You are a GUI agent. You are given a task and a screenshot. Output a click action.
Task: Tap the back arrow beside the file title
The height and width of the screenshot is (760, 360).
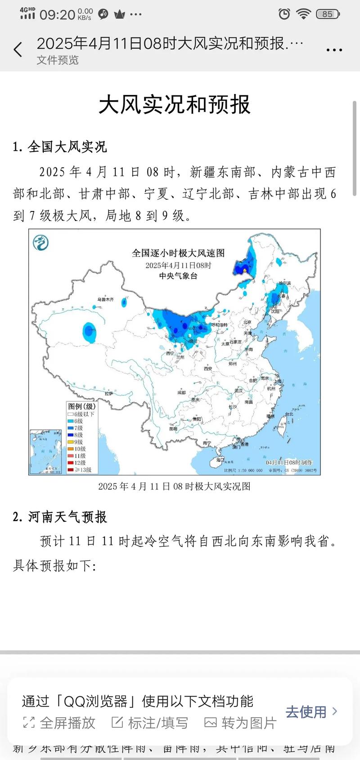(18, 49)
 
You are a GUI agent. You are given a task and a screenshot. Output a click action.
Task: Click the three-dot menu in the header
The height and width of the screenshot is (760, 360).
(334, 50)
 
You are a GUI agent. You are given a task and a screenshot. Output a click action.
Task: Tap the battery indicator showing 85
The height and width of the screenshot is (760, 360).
(328, 14)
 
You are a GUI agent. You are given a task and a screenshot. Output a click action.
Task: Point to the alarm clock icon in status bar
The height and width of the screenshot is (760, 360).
(284, 14)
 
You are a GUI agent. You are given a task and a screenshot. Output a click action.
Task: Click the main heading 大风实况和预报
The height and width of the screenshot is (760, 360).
(174, 105)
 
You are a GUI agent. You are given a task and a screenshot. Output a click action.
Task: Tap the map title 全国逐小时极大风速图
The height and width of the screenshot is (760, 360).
(178, 253)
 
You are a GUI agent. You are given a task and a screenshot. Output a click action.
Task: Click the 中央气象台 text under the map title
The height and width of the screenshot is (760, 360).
(178, 276)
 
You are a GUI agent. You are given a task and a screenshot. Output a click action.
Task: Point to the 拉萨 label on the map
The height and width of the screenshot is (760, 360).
(109, 393)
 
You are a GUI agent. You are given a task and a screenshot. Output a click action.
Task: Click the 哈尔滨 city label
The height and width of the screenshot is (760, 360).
(284, 283)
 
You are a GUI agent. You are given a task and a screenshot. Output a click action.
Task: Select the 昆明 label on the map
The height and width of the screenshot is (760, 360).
(173, 429)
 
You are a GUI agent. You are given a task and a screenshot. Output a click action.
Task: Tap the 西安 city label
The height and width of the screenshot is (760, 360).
(207, 369)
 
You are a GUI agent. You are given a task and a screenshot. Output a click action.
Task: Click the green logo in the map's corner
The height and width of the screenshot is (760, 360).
(40, 243)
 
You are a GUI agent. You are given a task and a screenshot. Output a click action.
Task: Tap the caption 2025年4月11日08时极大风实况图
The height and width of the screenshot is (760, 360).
(174, 486)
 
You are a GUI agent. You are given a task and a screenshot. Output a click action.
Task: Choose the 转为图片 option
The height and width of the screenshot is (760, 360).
(241, 723)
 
